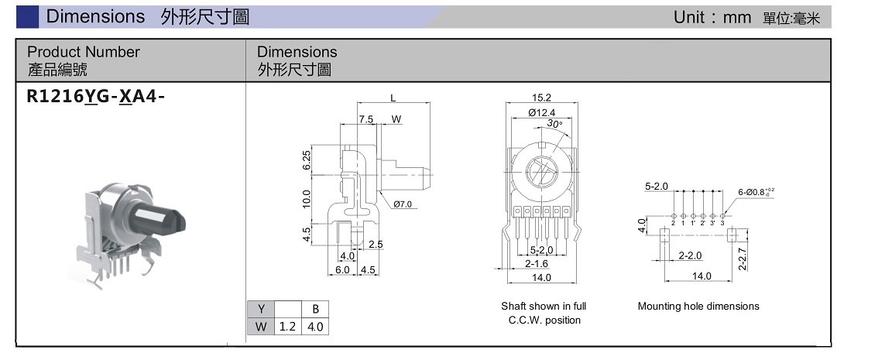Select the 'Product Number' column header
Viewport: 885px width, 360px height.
point(84,52)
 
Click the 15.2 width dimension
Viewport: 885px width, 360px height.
point(541,98)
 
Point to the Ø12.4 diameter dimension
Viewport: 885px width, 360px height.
point(542,113)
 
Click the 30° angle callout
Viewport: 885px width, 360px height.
point(554,124)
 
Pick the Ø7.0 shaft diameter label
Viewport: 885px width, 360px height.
point(405,204)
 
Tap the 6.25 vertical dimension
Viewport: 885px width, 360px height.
point(307,160)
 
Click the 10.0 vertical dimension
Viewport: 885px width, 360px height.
point(307,198)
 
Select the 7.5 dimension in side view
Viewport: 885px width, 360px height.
point(366,119)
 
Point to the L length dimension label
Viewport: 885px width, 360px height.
point(393,98)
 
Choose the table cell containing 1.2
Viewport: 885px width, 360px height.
point(288,326)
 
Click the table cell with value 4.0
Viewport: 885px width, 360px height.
point(315,326)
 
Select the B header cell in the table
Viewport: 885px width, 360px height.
point(315,308)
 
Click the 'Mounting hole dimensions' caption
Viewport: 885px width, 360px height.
point(698,306)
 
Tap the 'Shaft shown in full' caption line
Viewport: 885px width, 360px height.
point(544,306)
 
